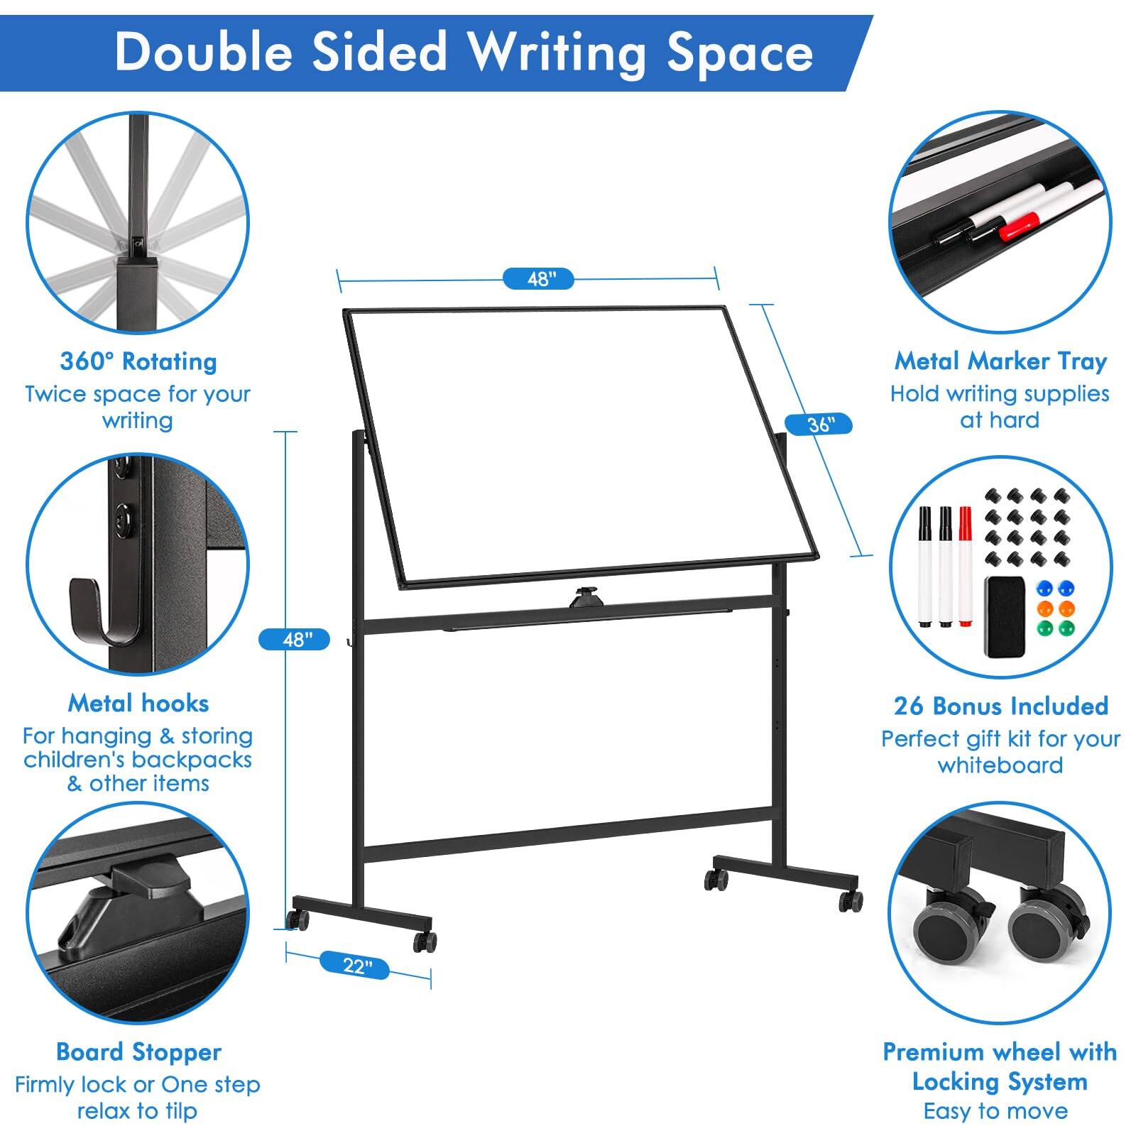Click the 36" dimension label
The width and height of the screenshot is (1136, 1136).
click(x=820, y=425)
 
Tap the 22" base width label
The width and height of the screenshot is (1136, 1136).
click(x=356, y=966)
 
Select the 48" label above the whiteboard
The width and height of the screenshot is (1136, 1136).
click(x=538, y=279)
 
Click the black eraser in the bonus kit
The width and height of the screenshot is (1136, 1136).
click(x=1004, y=616)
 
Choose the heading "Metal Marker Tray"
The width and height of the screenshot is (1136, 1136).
click(x=1000, y=361)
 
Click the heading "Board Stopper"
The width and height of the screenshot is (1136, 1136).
click(x=138, y=1052)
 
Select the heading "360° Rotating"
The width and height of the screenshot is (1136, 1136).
click(x=138, y=361)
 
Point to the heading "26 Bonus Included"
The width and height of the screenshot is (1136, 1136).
click(x=1000, y=706)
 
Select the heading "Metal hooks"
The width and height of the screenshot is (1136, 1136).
click(x=138, y=703)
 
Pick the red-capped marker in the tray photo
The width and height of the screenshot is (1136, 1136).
click(x=1020, y=226)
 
